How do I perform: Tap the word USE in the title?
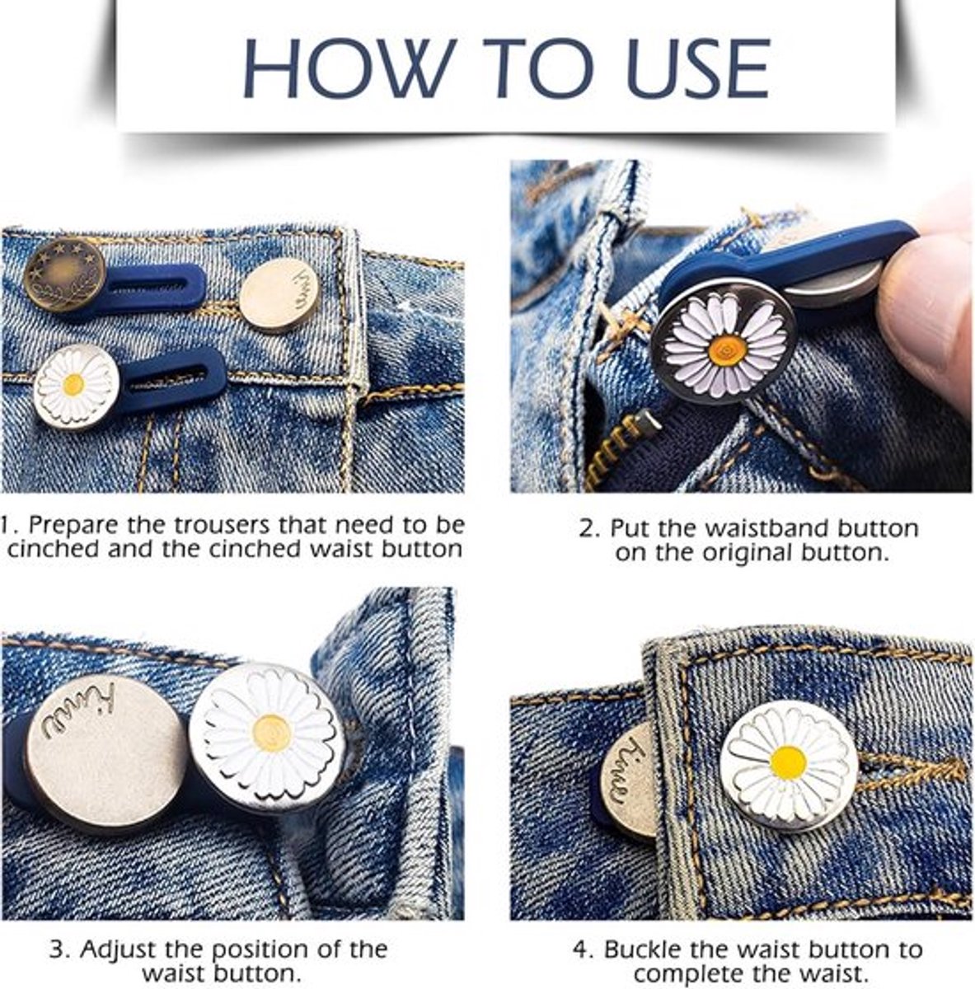click(698, 68)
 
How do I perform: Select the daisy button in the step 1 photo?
click(76, 386)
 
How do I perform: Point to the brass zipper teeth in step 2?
click(613, 451)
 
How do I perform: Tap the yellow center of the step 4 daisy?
click(789, 763)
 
